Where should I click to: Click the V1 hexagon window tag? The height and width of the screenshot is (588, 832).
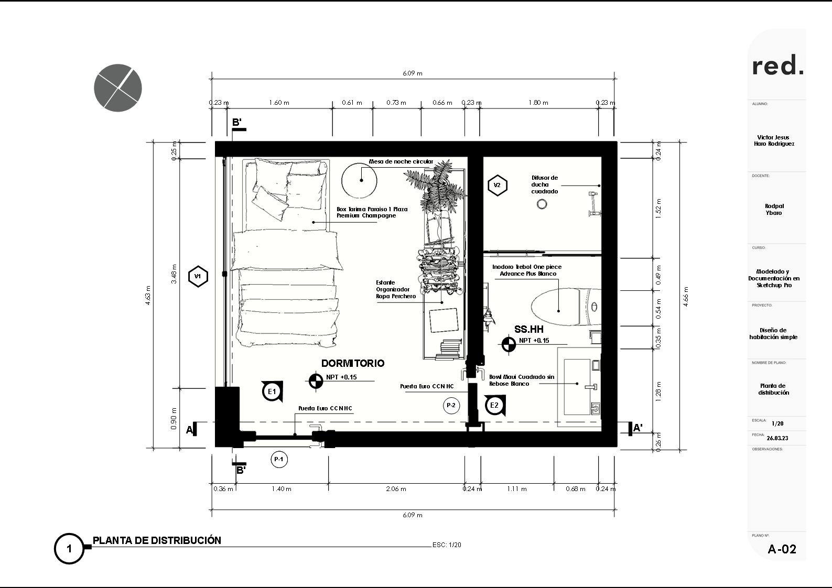tap(198, 277)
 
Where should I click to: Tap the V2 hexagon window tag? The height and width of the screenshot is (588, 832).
tap(498, 185)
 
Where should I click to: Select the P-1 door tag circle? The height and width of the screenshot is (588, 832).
tap(279, 459)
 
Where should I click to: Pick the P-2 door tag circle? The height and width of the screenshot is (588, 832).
tap(451, 406)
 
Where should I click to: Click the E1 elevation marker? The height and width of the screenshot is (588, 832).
tap(273, 391)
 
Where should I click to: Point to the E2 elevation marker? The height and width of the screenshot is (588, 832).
tap(495, 405)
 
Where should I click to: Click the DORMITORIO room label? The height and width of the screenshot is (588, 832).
tap(353, 363)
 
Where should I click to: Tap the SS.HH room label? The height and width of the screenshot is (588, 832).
tap(529, 329)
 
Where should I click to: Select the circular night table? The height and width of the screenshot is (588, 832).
tap(359, 181)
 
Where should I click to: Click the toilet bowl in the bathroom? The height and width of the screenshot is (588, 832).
tap(556, 307)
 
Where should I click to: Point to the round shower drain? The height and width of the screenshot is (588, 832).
tap(542, 204)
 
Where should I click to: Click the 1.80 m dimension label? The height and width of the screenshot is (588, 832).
tap(538, 103)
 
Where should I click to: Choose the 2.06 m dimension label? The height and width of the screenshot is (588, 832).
tap(396, 489)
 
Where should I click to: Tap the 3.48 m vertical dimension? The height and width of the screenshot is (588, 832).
tap(174, 274)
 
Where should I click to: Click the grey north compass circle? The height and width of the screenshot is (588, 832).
tap(118, 88)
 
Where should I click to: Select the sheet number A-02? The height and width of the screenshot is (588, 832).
tap(782, 549)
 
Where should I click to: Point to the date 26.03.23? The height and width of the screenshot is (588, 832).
tap(777, 438)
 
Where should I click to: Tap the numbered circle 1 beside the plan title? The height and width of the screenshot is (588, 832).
tap(69, 549)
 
